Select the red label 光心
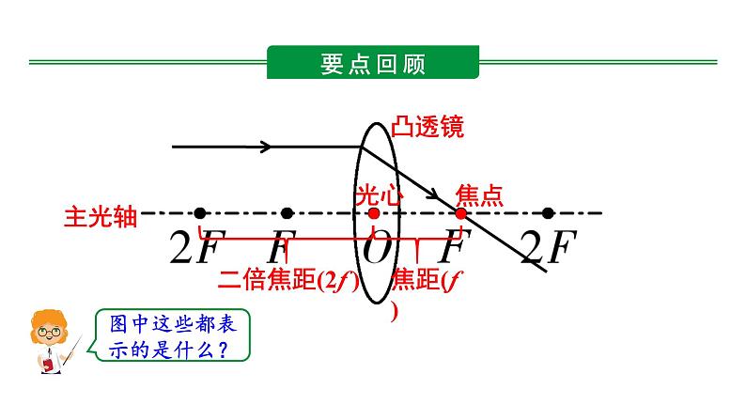click(x=379, y=195)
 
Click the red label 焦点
click(x=479, y=195)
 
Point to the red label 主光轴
click(x=101, y=216)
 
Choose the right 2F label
click(x=546, y=248)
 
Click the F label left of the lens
click(x=278, y=249)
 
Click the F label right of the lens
click(x=457, y=249)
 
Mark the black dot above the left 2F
click(x=198, y=213)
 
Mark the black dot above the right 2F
click(x=549, y=213)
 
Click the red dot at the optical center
click(x=374, y=213)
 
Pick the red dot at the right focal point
click(x=460, y=213)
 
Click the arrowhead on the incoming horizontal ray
click(x=266, y=147)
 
